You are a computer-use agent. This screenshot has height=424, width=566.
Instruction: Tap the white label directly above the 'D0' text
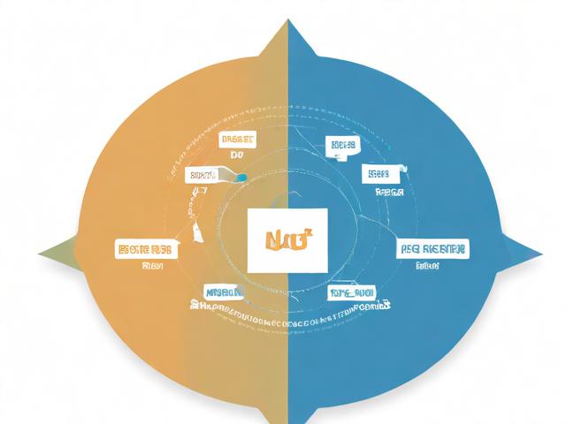pos(237,140)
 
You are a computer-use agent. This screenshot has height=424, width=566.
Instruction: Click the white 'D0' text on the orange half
pos(236,155)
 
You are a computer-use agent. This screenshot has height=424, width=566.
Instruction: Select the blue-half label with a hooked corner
pos(382,173)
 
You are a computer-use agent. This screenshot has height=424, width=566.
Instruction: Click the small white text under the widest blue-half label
pos(429,264)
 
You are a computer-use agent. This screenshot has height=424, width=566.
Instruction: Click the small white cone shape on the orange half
pos(194,231)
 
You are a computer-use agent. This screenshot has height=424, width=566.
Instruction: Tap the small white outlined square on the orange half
pos(199,189)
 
